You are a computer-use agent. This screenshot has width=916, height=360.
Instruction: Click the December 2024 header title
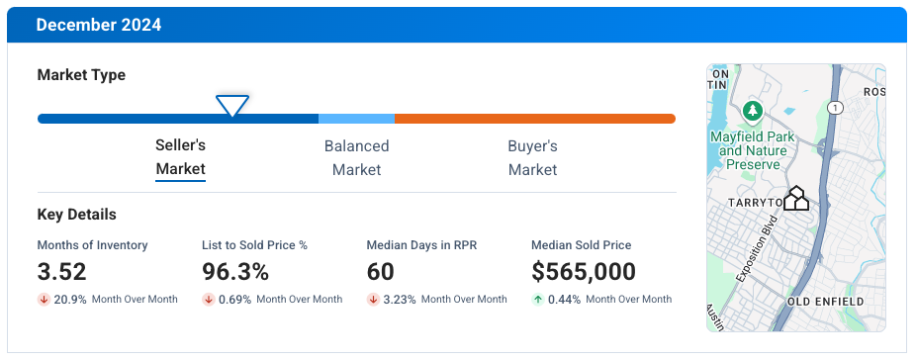[x=99, y=25]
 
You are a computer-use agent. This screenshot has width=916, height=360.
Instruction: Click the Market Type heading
[x=81, y=75]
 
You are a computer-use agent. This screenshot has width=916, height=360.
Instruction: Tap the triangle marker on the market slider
[x=232, y=105]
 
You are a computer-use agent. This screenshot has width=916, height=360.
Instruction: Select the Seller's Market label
[x=181, y=158]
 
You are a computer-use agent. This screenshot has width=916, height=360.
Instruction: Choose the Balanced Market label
[x=356, y=158]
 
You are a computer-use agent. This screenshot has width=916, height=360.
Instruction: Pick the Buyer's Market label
[x=532, y=158]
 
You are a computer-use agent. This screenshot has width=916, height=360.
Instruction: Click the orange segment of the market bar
[x=534, y=119]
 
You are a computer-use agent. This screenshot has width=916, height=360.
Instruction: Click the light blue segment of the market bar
[x=356, y=119]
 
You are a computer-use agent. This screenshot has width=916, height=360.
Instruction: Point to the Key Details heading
[x=76, y=215]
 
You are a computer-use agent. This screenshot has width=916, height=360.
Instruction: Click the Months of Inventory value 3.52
[x=61, y=272]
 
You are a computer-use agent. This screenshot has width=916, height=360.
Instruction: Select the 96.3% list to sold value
[x=235, y=272]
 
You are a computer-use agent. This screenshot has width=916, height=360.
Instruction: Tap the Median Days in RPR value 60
[x=380, y=272]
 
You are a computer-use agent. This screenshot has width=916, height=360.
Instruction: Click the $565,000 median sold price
[x=584, y=272]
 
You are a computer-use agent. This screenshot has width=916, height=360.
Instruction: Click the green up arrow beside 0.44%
[x=537, y=299]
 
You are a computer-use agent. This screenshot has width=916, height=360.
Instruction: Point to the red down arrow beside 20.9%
[x=44, y=299]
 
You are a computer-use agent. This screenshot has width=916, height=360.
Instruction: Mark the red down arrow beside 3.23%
[x=373, y=299]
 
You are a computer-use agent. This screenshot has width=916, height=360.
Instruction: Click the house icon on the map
[x=796, y=198]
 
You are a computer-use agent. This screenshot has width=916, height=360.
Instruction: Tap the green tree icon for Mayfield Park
[x=753, y=109]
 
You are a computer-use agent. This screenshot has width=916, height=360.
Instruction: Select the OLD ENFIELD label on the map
[x=825, y=301]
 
